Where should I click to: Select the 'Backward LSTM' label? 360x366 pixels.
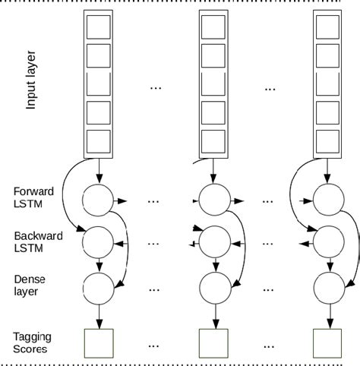32,242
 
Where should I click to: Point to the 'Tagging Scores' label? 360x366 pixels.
30,342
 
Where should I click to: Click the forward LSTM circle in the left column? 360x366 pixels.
99,200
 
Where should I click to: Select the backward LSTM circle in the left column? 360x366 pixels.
99,243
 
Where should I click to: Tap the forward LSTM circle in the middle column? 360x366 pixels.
213,200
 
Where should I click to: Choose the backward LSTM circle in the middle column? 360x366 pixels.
213,243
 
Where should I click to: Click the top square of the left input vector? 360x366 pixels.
99,28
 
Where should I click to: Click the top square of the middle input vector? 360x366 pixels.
213,28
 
